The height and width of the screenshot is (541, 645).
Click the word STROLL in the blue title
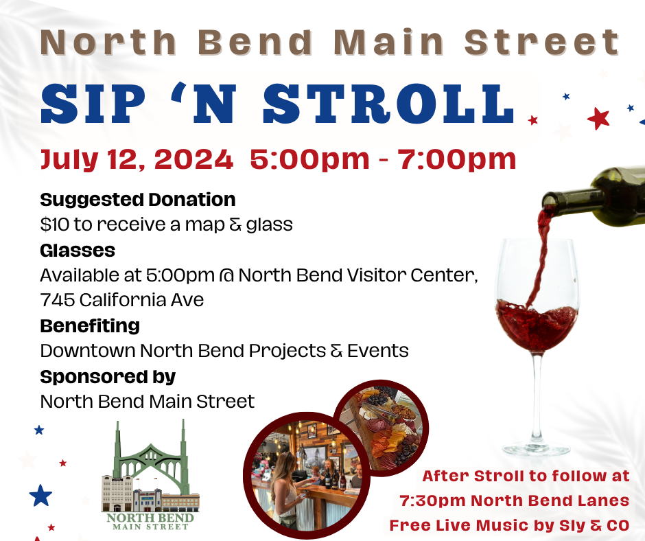pyautogui.click(x=388, y=104)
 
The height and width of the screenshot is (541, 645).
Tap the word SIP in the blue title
pyautogui.click(x=93, y=104)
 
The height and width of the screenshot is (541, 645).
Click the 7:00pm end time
pyautogui.click(x=456, y=160)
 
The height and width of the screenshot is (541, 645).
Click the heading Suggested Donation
pyautogui.click(x=138, y=200)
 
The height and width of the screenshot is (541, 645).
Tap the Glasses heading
pyautogui.click(x=78, y=251)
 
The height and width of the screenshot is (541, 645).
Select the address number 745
pyautogui.click(x=57, y=300)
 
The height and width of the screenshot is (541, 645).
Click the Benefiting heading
pyautogui.click(x=90, y=326)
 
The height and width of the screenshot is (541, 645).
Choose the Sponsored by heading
pyautogui.click(x=108, y=377)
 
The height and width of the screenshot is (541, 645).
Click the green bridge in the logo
pyautogui.click(x=151, y=457)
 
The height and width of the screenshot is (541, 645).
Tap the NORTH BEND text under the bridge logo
pyautogui.click(x=150, y=518)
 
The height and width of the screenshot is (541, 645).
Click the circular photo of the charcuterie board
pyautogui.click(x=382, y=427)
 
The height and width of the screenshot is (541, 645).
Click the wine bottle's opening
pyautogui.click(x=549, y=201)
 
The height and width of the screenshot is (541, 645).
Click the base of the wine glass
pyautogui.click(x=537, y=449)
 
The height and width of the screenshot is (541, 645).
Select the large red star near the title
pyautogui.click(x=598, y=119)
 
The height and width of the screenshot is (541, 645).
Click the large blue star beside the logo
pyautogui.click(x=40, y=495)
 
